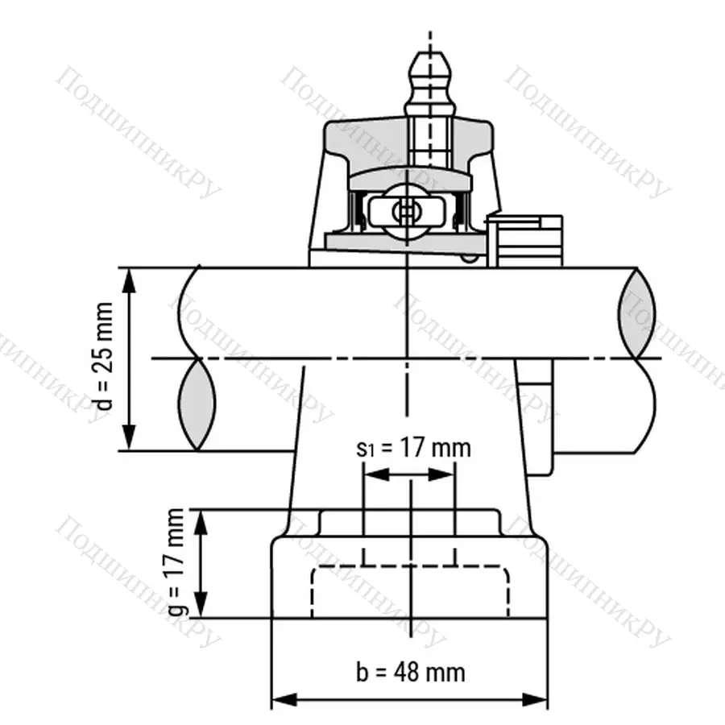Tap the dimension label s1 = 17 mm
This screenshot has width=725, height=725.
click(412, 448)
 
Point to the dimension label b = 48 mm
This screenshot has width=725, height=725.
click(411, 671)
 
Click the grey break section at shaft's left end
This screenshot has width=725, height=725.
click(197, 402)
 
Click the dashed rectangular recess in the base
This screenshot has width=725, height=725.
click(411, 592)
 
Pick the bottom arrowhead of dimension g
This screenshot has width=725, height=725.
click(201, 611)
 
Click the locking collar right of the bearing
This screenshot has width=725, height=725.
click(528, 238)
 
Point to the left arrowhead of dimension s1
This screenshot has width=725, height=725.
click(372, 474)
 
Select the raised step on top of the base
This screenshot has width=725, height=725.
click(411, 522)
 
